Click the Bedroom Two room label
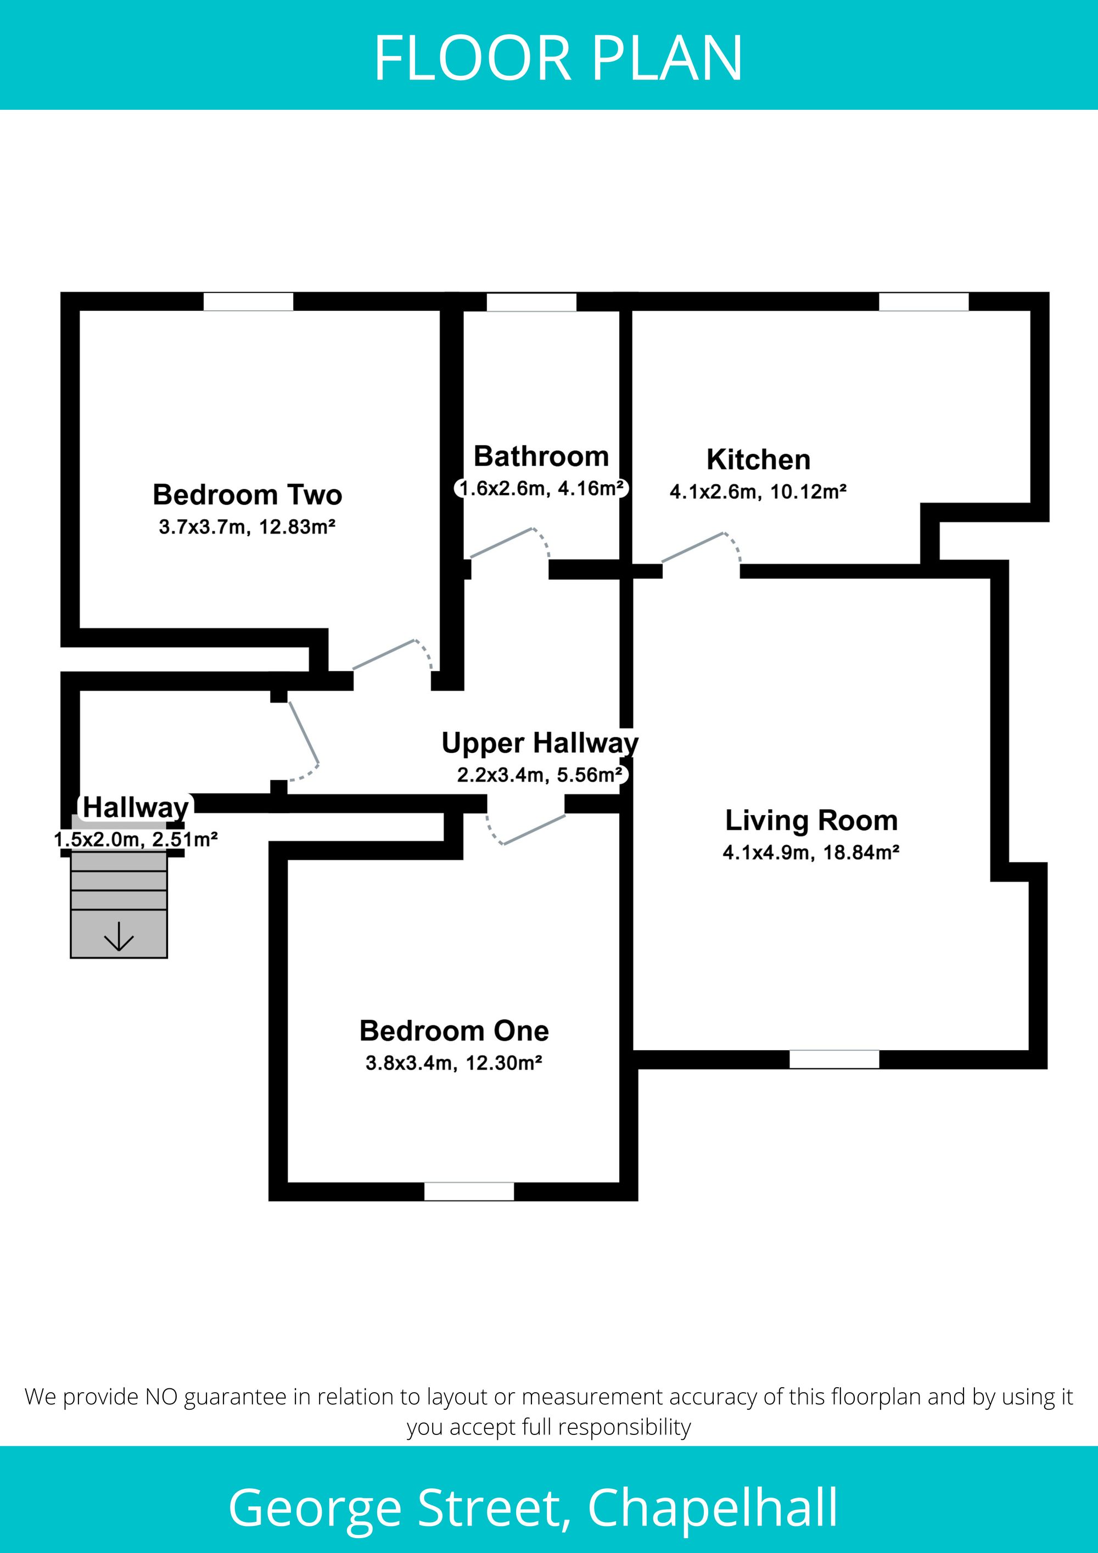coord(248,495)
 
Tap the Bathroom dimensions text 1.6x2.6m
coord(504,489)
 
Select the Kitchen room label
coord(758,460)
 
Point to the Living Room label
coord(811,821)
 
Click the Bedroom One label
coord(454,1031)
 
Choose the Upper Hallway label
coord(540,743)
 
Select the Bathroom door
coord(509,543)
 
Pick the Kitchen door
coord(701,548)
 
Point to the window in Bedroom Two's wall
coord(248,302)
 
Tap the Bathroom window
coord(531,302)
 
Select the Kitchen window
coord(923,302)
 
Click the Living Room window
coord(834,1059)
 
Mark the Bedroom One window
coord(469,1191)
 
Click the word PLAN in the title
coord(668,59)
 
